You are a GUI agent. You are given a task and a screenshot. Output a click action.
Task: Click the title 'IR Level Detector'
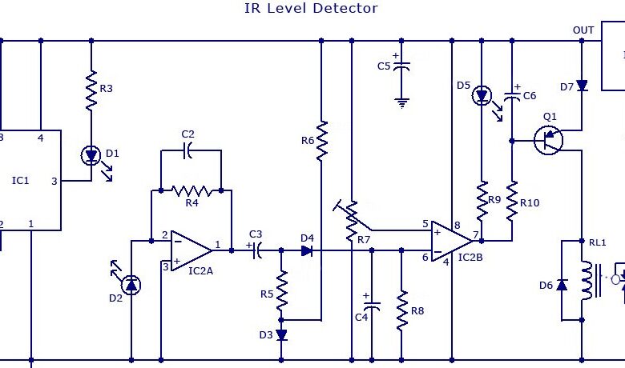pyautogui.click(x=311, y=8)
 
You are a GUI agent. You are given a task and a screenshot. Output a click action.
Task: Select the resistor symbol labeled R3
pyautogui.click(x=91, y=90)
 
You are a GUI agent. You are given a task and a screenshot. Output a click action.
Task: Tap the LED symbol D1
pyautogui.click(x=91, y=155)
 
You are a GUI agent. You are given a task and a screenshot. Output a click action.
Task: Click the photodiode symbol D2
pyautogui.click(x=131, y=285)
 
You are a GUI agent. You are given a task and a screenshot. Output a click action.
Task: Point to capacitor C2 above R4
pyautogui.click(x=187, y=150)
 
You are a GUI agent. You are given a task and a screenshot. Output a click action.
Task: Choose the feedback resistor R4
pyautogui.click(x=192, y=191)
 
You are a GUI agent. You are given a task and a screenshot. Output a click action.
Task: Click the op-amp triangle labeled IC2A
pyautogui.click(x=192, y=250)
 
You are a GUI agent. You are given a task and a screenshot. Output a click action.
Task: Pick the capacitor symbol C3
pyautogui.click(x=257, y=250)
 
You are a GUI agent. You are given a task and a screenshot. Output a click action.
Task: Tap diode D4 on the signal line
pyautogui.click(x=307, y=250)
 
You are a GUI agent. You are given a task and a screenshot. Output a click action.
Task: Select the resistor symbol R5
pyautogui.click(x=281, y=290)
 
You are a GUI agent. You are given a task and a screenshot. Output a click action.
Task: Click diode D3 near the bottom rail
pyautogui.click(x=281, y=335)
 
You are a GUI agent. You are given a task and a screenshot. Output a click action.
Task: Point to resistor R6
pyautogui.click(x=321, y=141)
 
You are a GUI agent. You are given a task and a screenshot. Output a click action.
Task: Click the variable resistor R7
pyautogui.click(x=352, y=221)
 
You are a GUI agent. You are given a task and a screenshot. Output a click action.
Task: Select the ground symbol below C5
pyautogui.click(x=401, y=103)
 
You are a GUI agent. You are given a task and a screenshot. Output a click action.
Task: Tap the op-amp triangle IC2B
pyautogui.click(x=453, y=241)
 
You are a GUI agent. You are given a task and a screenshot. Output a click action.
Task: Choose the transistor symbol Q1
pyautogui.click(x=548, y=140)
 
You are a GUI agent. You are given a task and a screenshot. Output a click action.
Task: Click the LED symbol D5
pyautogui.click(x=482, y=96)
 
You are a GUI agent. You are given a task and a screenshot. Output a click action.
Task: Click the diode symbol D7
pyautogui.click(x=582, y=86)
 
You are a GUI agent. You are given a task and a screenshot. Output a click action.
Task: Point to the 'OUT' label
pyautogui.click(x=583, y=30)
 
